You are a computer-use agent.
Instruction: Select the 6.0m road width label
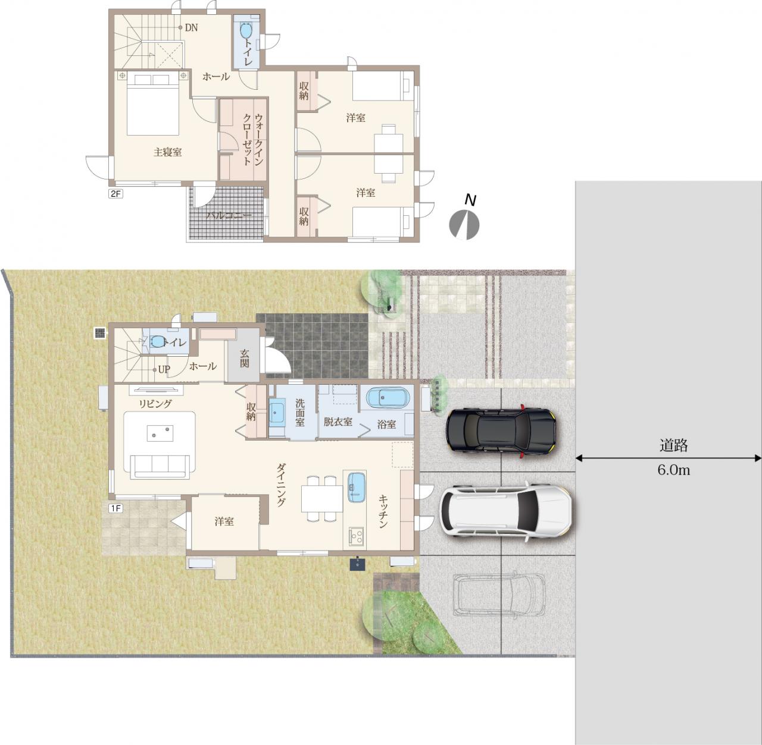click(x=674, y=470)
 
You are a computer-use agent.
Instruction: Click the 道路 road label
click(x=674, y=445)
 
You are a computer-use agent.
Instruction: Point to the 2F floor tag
click(x=115, y=194)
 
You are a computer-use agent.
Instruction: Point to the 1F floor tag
click(x=115, y=508)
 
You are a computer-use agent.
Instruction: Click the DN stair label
click(x=191, y=28)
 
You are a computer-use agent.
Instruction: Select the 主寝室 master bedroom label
click(x=168, y=152)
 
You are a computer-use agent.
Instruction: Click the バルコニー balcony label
click(x=229, y=216)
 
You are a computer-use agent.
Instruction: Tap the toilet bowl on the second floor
click(x=246, y=30)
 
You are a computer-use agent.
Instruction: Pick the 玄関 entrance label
click(x=245, y=359)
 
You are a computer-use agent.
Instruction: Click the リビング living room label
click(x=155, y=404)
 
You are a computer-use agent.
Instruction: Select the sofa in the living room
click(x=160, y=467)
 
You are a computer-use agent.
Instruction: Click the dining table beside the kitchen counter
click(x=322, y=498)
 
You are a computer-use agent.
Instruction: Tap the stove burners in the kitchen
click(x=357, y=536)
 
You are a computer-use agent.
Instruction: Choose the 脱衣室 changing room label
click(x=338, y=422)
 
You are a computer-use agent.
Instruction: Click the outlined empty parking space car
click(x=499, y=594)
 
